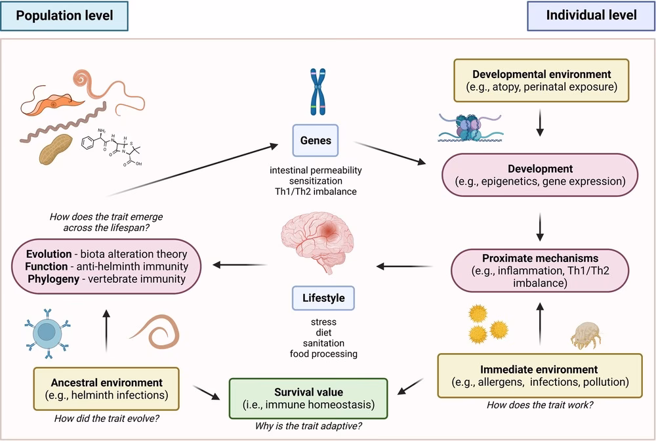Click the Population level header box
(64, 16)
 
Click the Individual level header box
(590, 16)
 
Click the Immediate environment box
(539, 375)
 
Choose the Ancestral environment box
(106, 388)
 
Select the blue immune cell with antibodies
(46, 333)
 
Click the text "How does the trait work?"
(540, 405)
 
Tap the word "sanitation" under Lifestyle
(323, 343)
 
